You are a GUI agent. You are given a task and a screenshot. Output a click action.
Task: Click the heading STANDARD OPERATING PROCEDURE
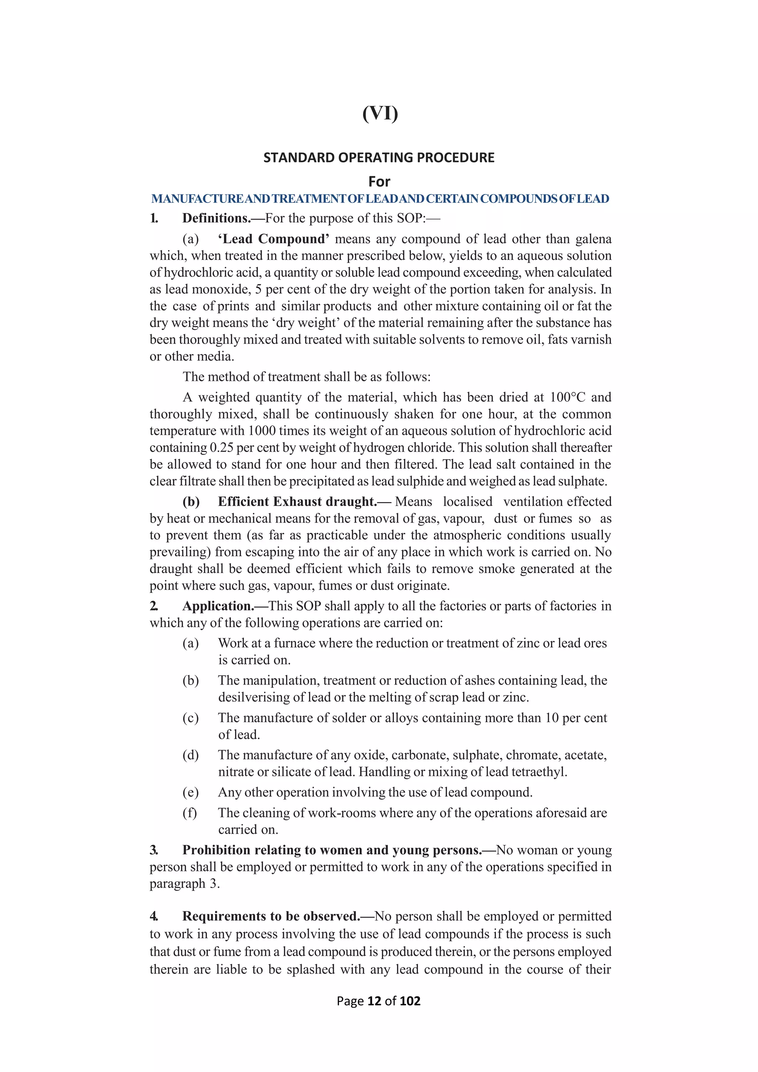(379, 158)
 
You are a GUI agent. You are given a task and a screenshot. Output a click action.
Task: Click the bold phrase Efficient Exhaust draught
(297, 502)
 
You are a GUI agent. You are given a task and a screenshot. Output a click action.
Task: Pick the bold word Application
(218, 606)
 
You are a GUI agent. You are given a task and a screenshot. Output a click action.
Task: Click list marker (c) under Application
(191, 718)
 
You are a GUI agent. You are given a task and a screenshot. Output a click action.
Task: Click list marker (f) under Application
(189, 813)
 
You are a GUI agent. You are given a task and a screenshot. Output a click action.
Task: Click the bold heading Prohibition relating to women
(331, 850)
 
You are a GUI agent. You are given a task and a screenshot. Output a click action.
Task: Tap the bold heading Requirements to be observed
(271, 917)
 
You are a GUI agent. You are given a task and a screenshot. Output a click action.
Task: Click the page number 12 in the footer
(374, 1001)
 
